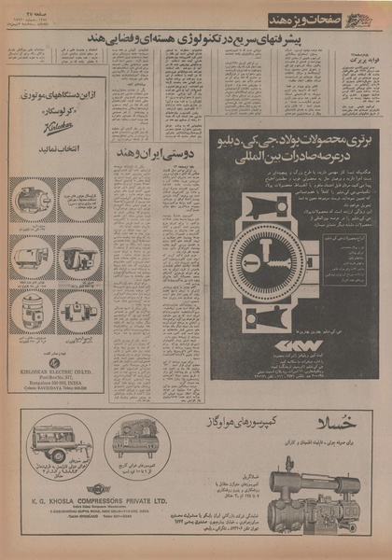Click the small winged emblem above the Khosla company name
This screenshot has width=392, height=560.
tap(98, 488)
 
